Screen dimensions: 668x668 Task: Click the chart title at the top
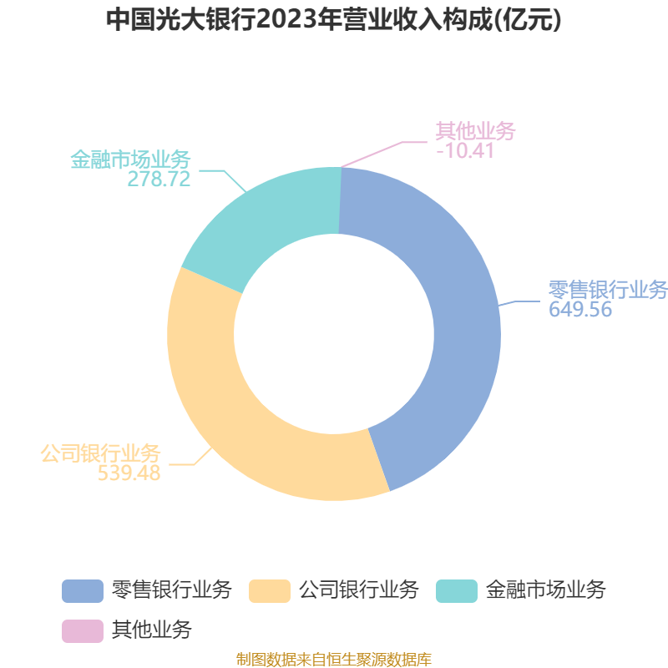[x=333, y=19]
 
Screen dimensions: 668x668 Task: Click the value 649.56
[x=579, y=309]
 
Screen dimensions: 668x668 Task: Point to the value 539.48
[x=129, y=473]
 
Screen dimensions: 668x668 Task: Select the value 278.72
[x=159, y=179]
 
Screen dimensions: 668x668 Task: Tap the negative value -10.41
[x=465, y=150]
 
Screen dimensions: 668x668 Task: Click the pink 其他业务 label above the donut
[x=475, y=130]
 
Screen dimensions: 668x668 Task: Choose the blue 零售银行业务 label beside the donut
[x=608, y=290]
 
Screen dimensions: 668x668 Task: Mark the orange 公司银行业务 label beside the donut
[x=100, y=453]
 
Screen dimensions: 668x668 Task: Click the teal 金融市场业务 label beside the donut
[x=130, y=159]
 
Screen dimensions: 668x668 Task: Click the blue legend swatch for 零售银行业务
[x=83, y=591]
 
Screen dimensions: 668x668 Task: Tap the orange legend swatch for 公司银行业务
[x=270, y=591]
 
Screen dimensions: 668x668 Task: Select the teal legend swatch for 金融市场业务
[x=457, y=591]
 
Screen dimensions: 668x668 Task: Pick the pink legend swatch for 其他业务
[x=83, y=631]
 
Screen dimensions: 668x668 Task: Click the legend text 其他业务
[x=152, y=630]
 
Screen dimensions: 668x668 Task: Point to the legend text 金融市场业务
[x=546, y=590]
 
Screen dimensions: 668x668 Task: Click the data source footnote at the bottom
[x=334, y=659]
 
